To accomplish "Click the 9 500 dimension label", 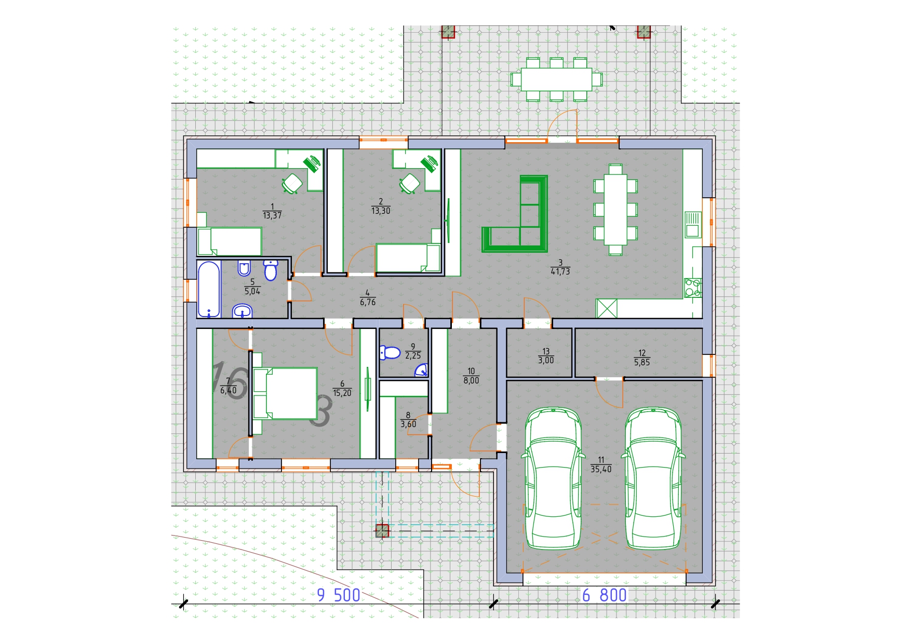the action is tap(339, 595).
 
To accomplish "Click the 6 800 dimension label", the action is tap(605, 595).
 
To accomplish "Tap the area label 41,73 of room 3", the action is tap(560, 271).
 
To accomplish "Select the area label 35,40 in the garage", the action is tap(601, 469).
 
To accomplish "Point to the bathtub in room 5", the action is tap(209, 290).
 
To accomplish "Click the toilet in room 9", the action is tap(390, 353).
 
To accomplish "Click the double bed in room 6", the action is tap(285, 393).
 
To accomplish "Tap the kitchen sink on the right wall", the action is tap(692, 224).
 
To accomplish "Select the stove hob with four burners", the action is tap(693, 288).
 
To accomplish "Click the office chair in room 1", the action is tap(292, 183).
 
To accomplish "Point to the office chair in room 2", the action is tap(410, 183).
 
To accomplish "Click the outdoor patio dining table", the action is tap(556, 79).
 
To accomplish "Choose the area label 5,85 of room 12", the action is tap(642, 363).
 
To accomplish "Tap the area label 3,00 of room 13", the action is tap(546, 360).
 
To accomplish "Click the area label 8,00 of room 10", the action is tap(471, 380).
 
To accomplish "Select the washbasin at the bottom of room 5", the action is tap(242, 311).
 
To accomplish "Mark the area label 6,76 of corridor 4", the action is tap(368, 302).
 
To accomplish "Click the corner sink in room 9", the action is tap(421, 370).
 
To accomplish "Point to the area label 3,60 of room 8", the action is tap(408, 424).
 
